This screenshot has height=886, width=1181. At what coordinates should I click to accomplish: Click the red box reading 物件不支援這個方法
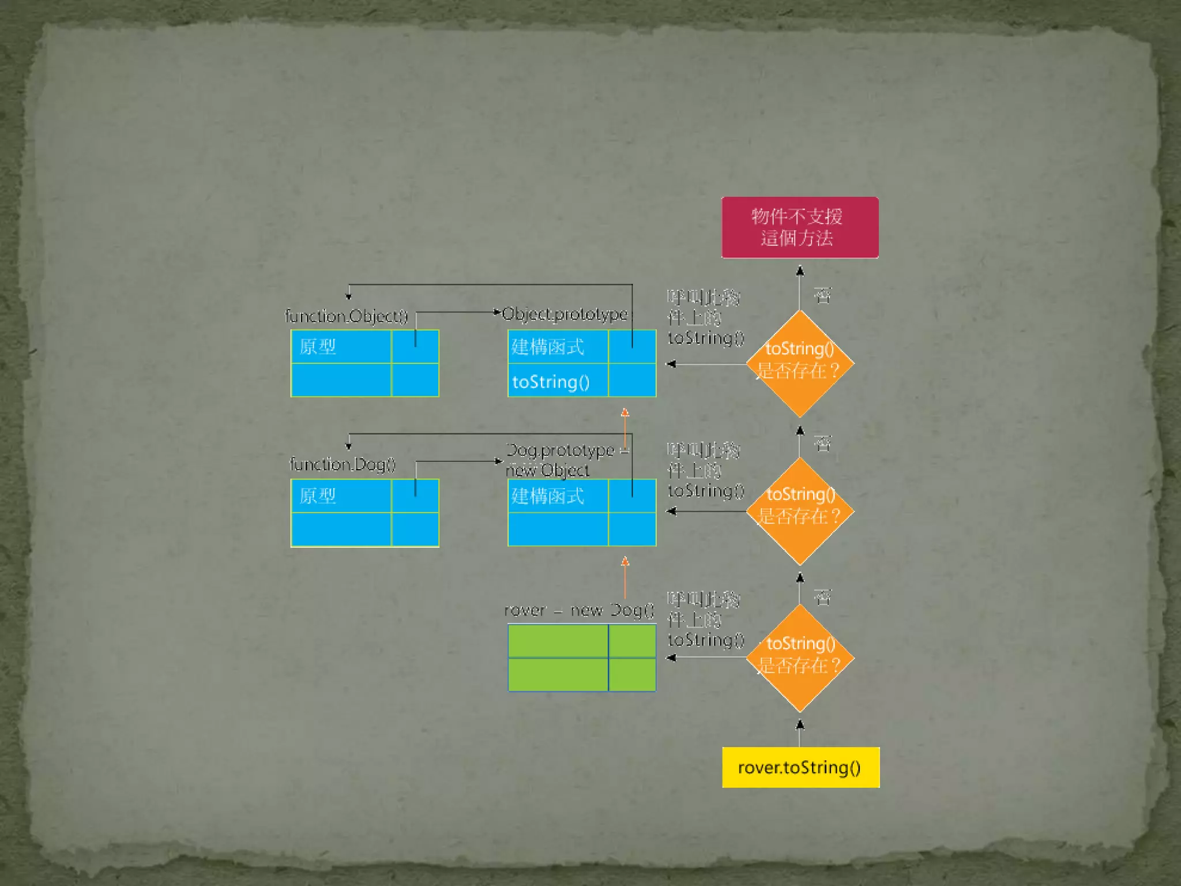pyautogui.click(x=800, y=227)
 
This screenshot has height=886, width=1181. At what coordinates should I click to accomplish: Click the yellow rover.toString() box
pyautogui.click(x=800, y=767)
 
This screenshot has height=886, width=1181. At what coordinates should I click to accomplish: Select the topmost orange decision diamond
pyautogui.click(x=800, y=363)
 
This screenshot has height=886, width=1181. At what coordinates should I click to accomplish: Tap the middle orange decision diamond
pyautogui.click(x=800, y=511)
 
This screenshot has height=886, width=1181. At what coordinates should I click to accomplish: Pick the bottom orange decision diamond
pyautogui.click(x=800, y=658)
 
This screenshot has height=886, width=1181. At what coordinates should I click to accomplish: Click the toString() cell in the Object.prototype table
pyautogui.click(x=557, y=381)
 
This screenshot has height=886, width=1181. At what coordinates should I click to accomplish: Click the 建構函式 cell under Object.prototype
pyautogui.click(x=557, y=347)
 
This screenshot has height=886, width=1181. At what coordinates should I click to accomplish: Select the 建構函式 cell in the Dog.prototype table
pyautogui.click(x=557, y=496)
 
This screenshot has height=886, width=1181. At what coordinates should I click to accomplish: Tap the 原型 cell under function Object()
pyautogui.click(x=340, y=347)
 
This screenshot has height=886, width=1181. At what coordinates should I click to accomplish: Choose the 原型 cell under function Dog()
pyautogui.click(x=340, y=496)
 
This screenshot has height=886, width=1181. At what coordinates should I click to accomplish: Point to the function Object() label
pyautogui.click(x=347, y=316)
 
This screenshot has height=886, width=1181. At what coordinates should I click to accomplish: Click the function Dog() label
pyautogui.click(x=343, y=464)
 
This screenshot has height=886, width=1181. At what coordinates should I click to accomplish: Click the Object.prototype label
pyautogui.click(x=565, y=314)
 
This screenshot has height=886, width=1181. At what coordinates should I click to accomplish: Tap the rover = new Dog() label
pyautogui.click(x=579, y=610)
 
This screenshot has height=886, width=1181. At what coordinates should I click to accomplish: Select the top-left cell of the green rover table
pyautogui.click(x=558, y=641)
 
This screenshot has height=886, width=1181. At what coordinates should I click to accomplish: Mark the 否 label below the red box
pyautogui.click(x=822, y=295)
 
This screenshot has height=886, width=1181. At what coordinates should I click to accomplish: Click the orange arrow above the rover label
pyautogui.click(x=625, y=577)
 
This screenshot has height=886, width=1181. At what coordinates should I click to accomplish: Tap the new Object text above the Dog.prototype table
pyautogui.click(x=548, y=471)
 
